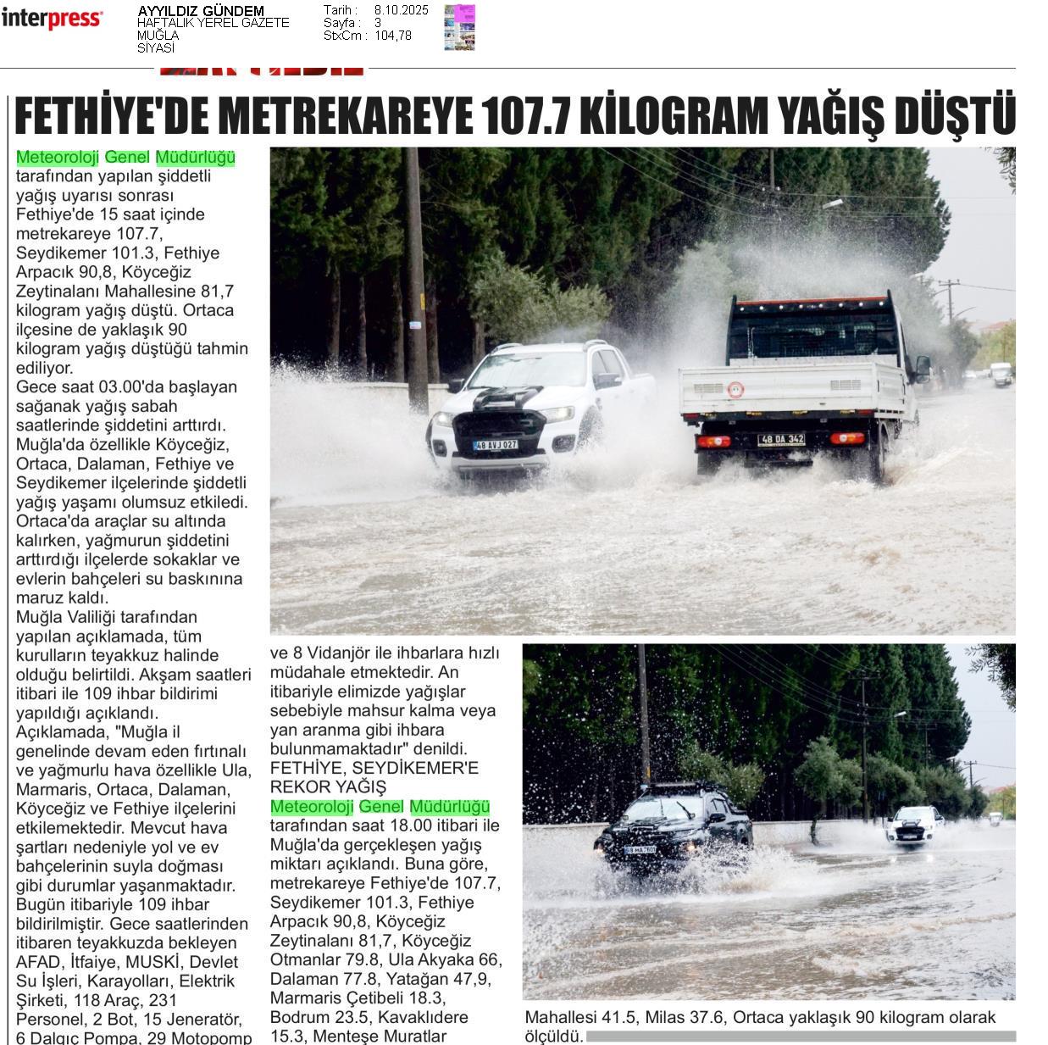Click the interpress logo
tap(52, 19)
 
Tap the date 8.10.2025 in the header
tap(401, 10)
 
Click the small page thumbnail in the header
tap(459, 27)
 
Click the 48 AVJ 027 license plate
tap(496, 444)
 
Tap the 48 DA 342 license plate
tap(781, 439)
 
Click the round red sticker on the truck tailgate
tap(735, 389)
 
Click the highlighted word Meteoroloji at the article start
tap(58, 157)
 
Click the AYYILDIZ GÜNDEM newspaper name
tap(201, 11)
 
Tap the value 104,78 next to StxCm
tap(393, 36)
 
